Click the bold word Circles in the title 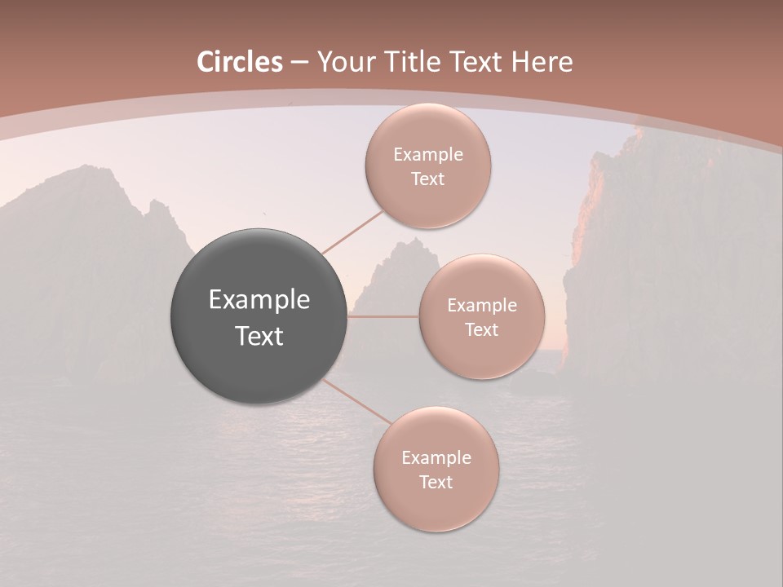pos(240,62)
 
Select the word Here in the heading pos(542,62)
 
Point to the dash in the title pos(299,63)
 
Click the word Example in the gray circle pos(259,300)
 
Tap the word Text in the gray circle pos(259,336)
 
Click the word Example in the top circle pos(427,155)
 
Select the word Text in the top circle pos(427,179)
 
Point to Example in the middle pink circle pos(481,306)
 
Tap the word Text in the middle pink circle pos(481,330)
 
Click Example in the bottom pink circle pos(436,458)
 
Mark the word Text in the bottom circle pos(436,483)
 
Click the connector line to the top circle pos(352,232)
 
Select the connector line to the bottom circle pos(357,402)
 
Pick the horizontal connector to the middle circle pos(383,316)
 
